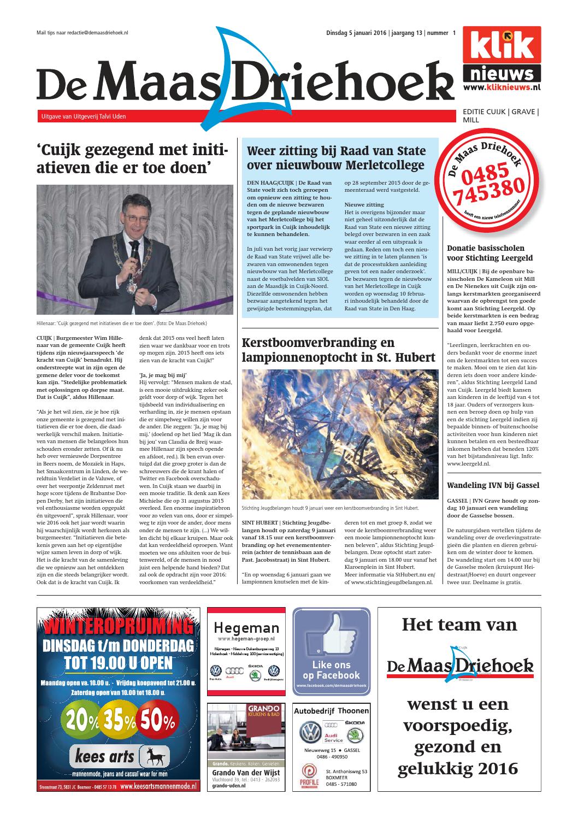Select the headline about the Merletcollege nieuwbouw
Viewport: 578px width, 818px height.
[336, 158]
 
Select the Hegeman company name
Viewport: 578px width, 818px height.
[246, 627]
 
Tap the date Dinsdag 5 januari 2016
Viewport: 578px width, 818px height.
[352, 33]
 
